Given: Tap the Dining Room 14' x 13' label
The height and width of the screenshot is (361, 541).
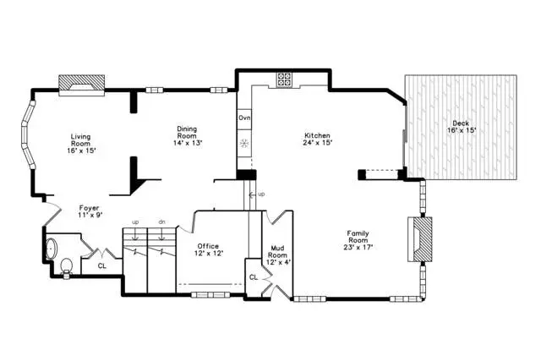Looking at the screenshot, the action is click(188, 135).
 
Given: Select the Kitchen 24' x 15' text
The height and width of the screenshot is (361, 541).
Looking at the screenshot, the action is click(318, 139).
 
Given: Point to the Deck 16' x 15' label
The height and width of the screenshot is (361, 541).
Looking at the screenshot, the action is click(462, 127).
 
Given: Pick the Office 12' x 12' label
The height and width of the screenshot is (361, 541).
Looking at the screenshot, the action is click(209, 249).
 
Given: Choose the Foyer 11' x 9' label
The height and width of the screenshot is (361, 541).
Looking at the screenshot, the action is click(89, 211).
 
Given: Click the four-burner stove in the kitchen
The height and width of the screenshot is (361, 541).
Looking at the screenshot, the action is click(284, 79).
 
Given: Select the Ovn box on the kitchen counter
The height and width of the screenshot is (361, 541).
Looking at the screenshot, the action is click(244, 118).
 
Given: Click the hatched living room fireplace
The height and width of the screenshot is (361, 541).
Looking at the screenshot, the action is click(81, 85).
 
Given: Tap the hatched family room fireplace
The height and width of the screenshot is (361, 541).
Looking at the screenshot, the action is click(420, 239).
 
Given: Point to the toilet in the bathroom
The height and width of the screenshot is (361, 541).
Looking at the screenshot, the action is click(66, 267).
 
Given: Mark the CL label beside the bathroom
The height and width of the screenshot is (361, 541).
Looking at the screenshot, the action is click(102, 265).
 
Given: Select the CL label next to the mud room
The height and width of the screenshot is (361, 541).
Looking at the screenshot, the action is click(254, 277).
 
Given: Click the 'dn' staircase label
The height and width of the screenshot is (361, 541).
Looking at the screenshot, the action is click(161, 222).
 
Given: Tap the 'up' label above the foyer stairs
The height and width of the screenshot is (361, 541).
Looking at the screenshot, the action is click(135, 222).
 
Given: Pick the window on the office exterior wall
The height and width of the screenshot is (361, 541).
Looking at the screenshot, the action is click(210, 295).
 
